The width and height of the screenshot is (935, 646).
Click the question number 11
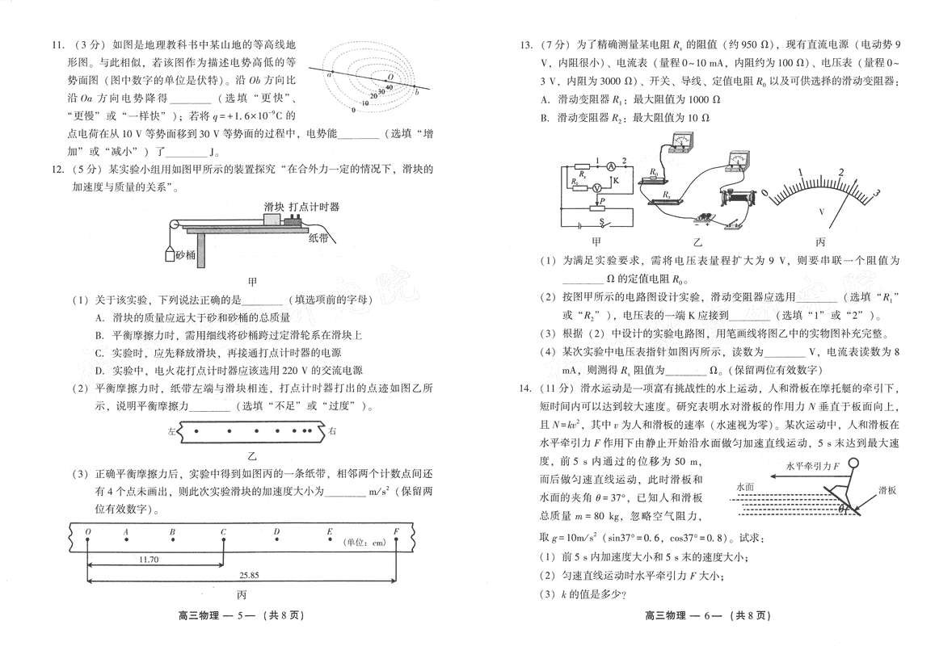pos(57,44)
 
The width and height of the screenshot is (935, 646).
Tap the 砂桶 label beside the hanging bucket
pos(185,254)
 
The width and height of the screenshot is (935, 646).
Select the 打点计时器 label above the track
pos(314,207)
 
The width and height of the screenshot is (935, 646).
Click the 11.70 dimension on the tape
pos(148,559)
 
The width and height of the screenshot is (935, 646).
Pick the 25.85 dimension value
pos(249,575)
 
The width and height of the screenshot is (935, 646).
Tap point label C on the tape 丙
pos(223,531)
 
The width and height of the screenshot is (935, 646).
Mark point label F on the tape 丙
pos(396,531)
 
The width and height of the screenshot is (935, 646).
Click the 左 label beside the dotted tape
pos(171,432)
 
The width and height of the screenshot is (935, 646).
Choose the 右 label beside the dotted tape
pos(332,431)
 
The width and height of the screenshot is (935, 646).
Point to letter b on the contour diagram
pos(416,93)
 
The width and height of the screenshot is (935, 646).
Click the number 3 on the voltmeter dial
pos(876,192)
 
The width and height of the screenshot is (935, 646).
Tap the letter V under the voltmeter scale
pos(822,212)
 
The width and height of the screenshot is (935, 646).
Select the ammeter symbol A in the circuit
pos(611,166)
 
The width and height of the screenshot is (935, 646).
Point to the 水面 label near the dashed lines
pos(745,488)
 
